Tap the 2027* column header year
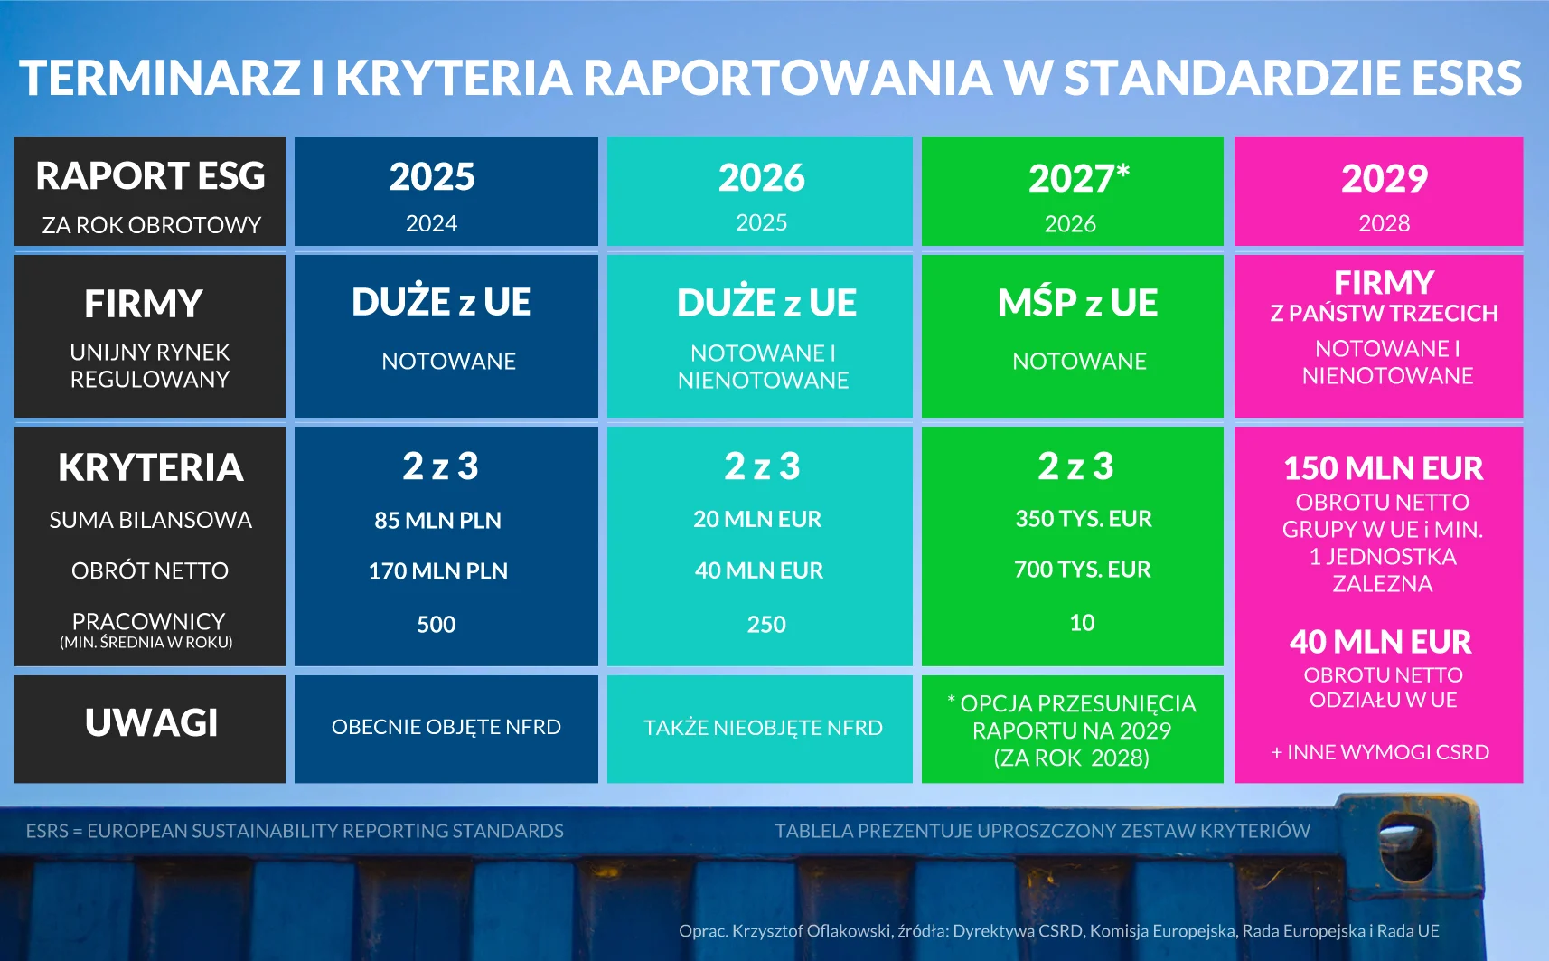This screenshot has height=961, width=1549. click(x=1079, y=178)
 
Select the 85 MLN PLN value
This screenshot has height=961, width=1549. click(x=437, y=520)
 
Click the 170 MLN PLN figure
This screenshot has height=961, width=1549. click(x=437, y=570)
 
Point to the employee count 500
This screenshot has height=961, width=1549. click(x=436, y=624)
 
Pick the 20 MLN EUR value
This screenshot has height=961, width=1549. click(x=757, y=519)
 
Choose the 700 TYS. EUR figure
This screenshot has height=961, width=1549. click(x=1083, y=570)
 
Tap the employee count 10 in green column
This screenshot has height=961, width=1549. click(x=1083, y=623)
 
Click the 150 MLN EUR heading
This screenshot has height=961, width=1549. click(x=1383, y=468)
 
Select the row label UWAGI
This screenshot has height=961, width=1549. click(x=151, y=723)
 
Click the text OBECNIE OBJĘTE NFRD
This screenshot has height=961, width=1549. click(x=446, y=727)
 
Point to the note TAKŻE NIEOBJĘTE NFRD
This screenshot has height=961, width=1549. click(x=763, y=728)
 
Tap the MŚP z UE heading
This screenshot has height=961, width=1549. click(x=1077, y=302)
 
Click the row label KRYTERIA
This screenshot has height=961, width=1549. click(x=150, y=467)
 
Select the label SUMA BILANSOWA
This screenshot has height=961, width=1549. click(x=150, y=521)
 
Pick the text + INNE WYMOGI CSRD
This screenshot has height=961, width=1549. click(x=1380, y=752)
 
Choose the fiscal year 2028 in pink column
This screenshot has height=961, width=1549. click(x=1384, y=223)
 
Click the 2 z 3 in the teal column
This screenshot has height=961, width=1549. click(x=762, y=466)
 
